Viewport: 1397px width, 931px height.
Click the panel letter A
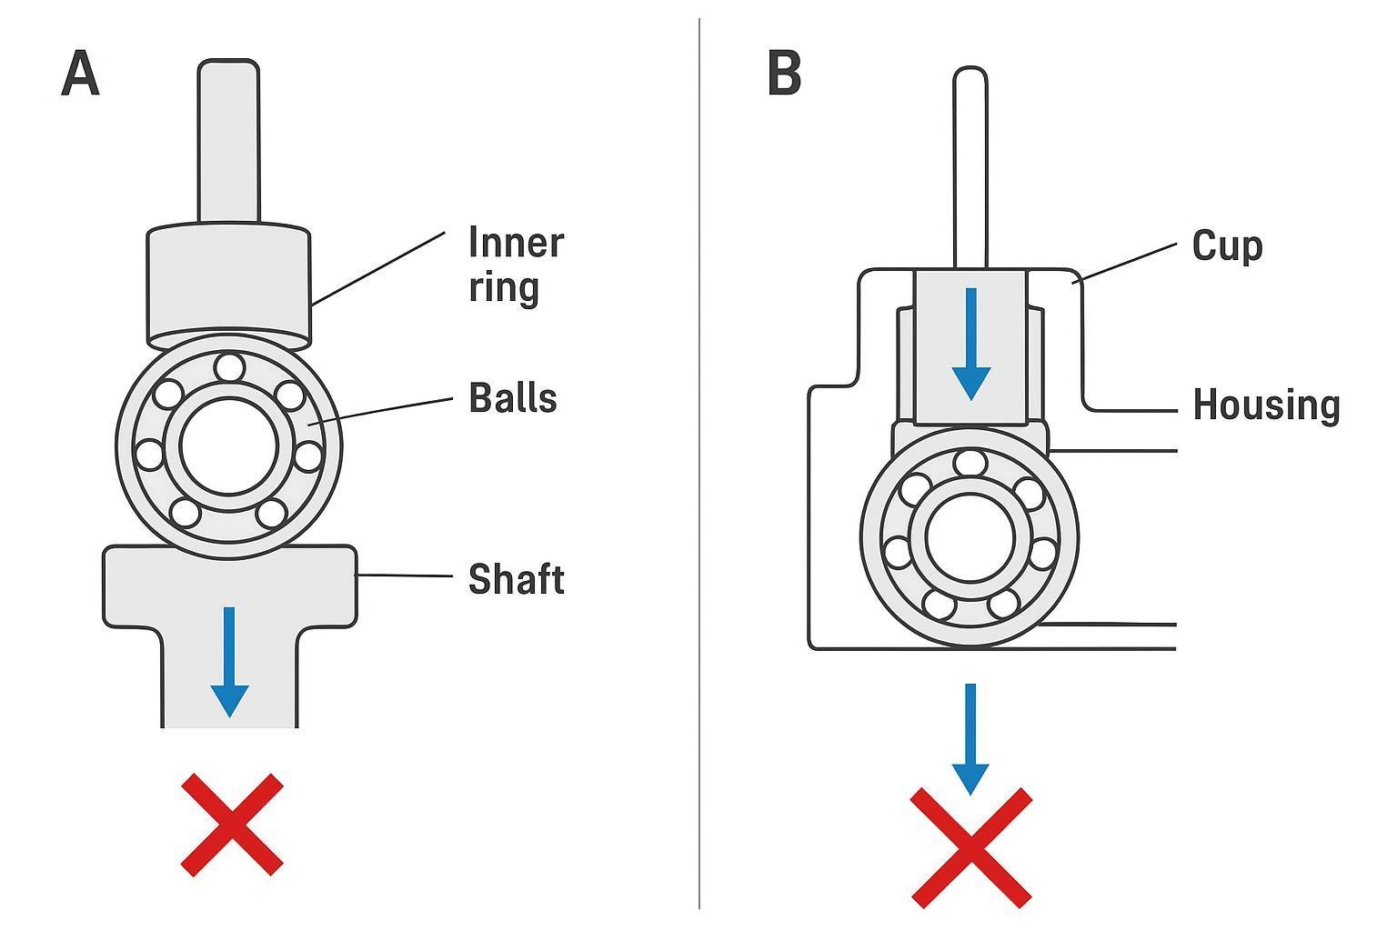point(80,74)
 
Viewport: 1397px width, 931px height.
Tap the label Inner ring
point(516,265)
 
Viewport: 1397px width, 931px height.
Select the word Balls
point(512,398)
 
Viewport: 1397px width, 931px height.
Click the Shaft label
point(516,579)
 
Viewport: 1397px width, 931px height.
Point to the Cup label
point(1227,246)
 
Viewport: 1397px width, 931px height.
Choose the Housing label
point(1266,405)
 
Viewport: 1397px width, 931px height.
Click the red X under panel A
point(232,825)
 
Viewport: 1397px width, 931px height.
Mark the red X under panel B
point(971,847)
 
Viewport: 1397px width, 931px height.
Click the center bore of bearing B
point(970,537)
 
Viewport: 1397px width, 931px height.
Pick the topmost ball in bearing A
point(229,368)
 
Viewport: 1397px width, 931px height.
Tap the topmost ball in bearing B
point(970,463)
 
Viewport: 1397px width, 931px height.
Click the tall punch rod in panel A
point(228,141)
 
